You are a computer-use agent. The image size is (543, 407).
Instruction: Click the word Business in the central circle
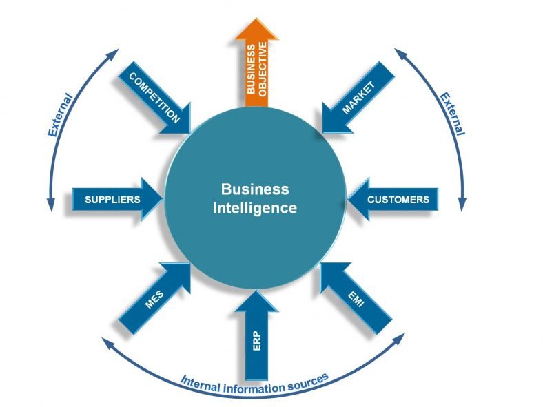pyautogui.click(x=255, y=189)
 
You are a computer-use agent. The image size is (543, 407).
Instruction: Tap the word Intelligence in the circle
pyautogui.click(x=255, y=209)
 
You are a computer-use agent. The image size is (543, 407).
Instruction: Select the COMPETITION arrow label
pyautogui.click(x=154, y=98)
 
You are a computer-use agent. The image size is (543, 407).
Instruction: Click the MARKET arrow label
pyautogui.click(x=359, y=97)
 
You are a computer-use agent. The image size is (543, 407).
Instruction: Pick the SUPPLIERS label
pyautogui.click(x=112, y=199)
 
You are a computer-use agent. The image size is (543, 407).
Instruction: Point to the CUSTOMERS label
pyautogui.click(x=398, y=199)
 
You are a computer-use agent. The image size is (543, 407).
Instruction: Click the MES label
pyautogui.click(x=154, y=299)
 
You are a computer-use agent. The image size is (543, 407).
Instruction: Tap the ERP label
pyautogui.click(x=256, y=341)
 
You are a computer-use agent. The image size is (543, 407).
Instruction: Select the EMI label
pyautogui.click(x=356, y=300)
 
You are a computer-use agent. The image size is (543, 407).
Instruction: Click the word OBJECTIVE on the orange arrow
pyautogui.click(x=263, y=70)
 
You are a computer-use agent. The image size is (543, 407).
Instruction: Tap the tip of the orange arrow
pyautogui.click(x=256, y=18)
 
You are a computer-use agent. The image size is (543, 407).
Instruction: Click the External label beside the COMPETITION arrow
pyautogui.click(x=60, y=115)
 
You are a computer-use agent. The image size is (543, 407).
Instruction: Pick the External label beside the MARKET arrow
pyautogui.click(x=452, y=114)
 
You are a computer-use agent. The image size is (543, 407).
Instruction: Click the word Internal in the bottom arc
pyautogui.click(x=201, y=384)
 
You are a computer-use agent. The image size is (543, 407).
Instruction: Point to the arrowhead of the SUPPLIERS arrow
pyautogui.click(x=152, y=199)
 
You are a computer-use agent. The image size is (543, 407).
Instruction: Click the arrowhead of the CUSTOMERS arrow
pyautogui.click(x=358, y=199)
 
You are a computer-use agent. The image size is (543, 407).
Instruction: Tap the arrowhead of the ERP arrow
pyautogui.click(x=256, y=301)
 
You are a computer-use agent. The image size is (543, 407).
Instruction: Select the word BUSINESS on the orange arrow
pyautogui.click(x=251, y=69)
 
